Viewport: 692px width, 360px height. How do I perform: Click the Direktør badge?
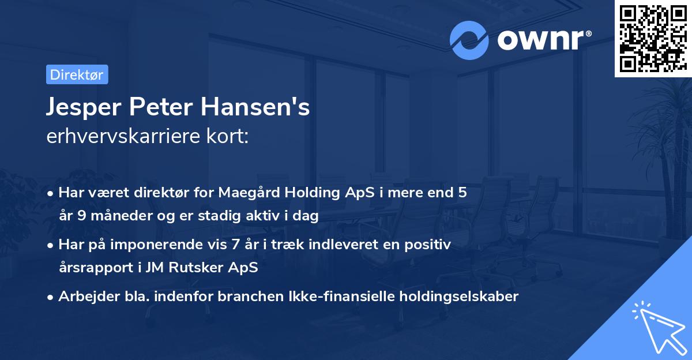click(x=77, y=74)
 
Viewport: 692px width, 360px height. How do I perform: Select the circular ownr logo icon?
click(x=469, y=40)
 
